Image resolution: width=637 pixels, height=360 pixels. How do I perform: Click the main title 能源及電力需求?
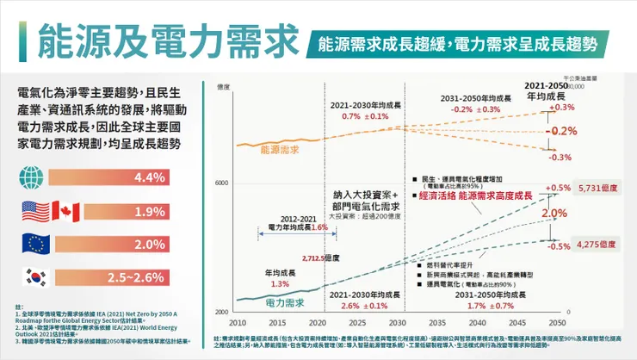(x=160, y=40)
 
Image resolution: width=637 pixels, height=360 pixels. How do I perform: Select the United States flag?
(x=34, y=212)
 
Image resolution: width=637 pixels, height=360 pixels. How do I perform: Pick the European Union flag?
(x=34, y=245)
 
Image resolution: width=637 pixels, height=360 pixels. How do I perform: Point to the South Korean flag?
(x=34, y=278)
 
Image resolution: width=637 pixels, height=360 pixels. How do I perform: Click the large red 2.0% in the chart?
(x=554, y=214)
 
